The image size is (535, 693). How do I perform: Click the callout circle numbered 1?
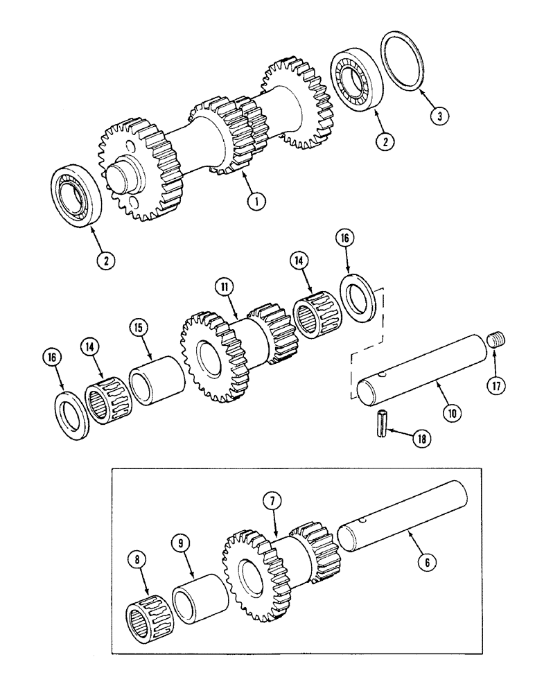click(x=256, y=201)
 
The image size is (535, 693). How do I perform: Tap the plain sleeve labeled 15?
click(x=159, y=383)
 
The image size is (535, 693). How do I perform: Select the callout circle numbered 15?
click(x=139, y=327)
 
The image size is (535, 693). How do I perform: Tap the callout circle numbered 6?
click(x=426, y=563)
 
